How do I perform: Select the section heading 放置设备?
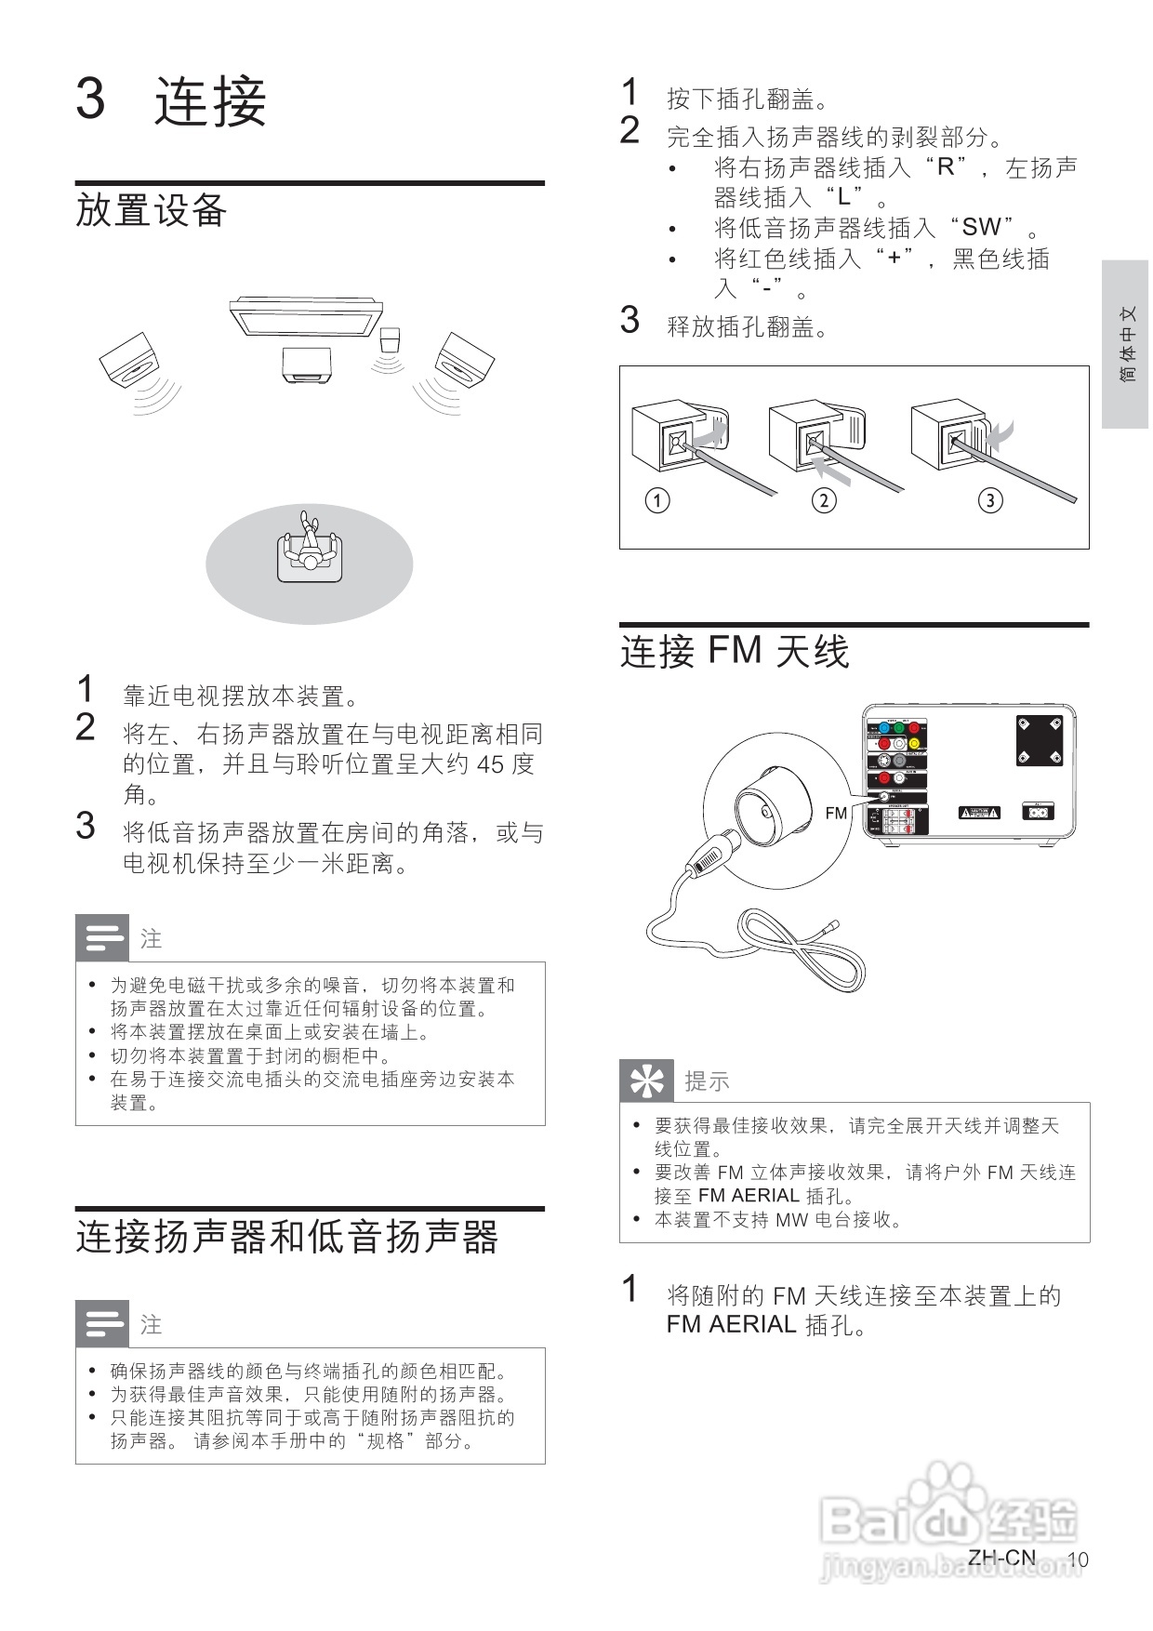[152, 209]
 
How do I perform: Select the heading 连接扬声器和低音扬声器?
[286, 1237]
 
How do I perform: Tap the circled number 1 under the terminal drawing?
[657, 500]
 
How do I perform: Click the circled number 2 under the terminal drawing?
[824, 500]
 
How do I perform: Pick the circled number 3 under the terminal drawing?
[990, 500]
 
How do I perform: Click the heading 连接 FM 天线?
[735, 651]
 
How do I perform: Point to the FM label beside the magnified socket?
[836, 813]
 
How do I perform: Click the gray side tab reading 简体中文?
[1126, 344]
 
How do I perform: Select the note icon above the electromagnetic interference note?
[102, 937]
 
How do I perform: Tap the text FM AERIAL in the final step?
[731, 1324]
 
